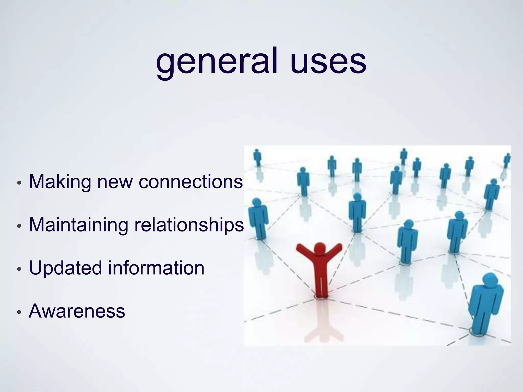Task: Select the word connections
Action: pyautogui.click(x=191, y=182)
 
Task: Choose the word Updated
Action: pyautogui.click(x=65, y=268)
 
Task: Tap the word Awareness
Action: pyautogui.click(x=77, y=311)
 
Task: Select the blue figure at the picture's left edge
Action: pyautogui.click(x=258, y=218)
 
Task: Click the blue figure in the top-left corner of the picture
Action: pyautogui.click(x=257, y=157)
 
